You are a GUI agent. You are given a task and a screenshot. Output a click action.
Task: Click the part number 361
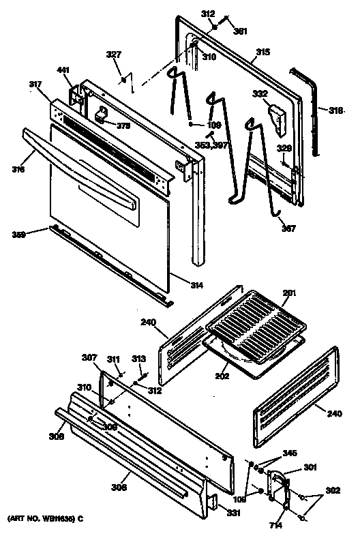tap(240, 31)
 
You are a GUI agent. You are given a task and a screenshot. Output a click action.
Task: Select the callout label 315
tap(263, 52)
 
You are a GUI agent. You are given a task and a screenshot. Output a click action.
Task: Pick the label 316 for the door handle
tap(18, 169)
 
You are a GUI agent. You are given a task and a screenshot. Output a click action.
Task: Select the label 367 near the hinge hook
tap(289, 228)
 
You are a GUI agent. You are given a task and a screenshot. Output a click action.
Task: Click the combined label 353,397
tap(212, 146)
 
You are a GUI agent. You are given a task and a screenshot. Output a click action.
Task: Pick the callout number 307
tap(91, 357)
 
